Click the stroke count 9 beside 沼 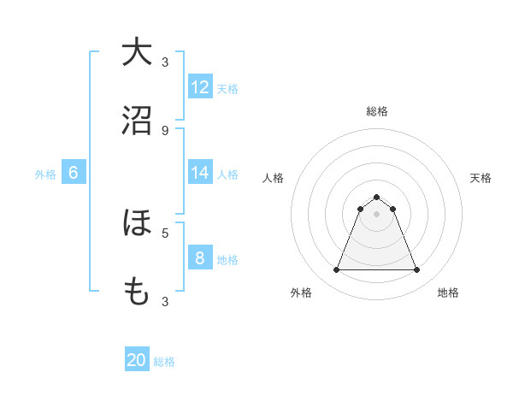(165, 130)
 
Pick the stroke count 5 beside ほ (165, 232)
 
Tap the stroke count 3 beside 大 (165, 62)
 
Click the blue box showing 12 (200, 87)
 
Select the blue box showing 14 (200, 173)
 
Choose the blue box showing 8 (200, 258)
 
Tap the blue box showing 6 (74, 173)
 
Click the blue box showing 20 (137, 361)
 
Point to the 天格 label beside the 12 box (227, 88)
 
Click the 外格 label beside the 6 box (45, 174)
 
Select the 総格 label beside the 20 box (164, 362)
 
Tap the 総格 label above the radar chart (377, 111)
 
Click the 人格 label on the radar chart (274, 178)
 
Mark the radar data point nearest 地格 (416, 270)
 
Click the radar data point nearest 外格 (336, 270)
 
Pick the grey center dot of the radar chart (376, 214)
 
